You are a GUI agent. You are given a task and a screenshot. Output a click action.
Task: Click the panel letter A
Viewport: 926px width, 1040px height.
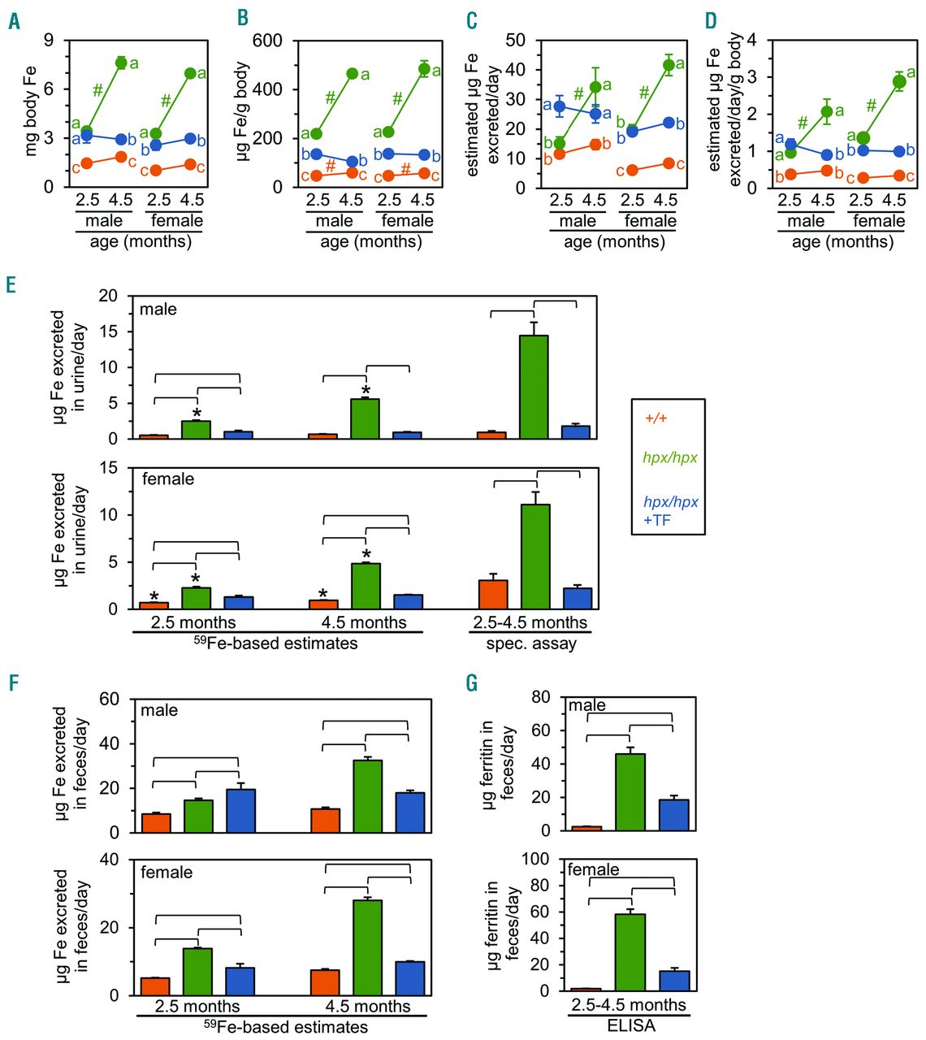14,21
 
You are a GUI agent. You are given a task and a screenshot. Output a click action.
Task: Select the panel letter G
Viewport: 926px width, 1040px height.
472,683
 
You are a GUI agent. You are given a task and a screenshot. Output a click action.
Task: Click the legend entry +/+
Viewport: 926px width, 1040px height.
656,418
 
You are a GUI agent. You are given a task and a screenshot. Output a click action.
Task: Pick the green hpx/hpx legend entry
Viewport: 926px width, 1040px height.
669,458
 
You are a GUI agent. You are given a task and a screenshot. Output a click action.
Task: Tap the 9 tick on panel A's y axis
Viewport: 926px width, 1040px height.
49,41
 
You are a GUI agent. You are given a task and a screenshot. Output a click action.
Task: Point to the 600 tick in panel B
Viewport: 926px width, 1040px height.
266,41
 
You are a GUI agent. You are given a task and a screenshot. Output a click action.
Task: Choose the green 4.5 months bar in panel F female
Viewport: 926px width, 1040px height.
367,947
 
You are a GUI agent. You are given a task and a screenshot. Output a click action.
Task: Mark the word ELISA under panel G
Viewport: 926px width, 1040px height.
631,1025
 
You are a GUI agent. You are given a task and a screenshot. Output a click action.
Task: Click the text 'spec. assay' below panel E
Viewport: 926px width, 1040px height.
531,643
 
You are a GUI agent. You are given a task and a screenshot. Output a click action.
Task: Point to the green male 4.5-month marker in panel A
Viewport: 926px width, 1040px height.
121,63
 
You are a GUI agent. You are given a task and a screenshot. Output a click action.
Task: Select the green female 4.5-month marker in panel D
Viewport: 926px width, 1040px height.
899,81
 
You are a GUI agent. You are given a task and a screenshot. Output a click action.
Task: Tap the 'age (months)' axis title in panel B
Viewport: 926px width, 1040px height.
370,242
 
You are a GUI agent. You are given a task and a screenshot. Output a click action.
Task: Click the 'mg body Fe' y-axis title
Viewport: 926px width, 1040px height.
31,114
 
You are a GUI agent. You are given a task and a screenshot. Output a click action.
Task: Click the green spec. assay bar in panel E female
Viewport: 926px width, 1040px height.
535,557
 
